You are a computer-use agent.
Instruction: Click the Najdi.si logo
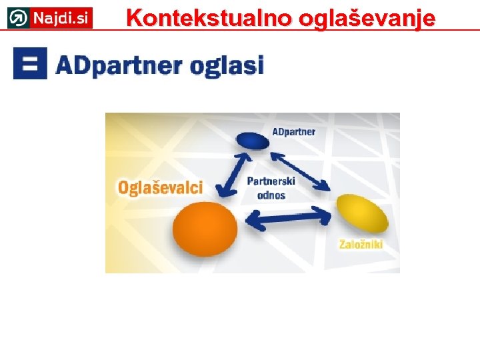(50, 18)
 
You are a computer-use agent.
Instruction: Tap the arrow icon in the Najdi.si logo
(19, 18)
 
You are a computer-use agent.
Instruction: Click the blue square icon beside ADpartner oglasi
(30, 63)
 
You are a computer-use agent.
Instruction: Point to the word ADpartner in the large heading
(119, 65)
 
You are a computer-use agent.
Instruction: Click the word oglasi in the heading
(227, 65)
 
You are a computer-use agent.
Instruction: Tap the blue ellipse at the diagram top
(251, 139)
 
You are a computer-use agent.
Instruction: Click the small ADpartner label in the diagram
(293, 131)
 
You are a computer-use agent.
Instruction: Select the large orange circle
(205, 229)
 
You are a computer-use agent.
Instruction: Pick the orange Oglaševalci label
(160, 187)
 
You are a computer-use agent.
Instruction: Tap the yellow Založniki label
(361, 245)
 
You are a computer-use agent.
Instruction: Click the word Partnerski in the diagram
(271, 181)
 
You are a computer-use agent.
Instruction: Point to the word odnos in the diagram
(271, 195)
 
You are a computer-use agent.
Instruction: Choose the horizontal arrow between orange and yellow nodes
(289, 217)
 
